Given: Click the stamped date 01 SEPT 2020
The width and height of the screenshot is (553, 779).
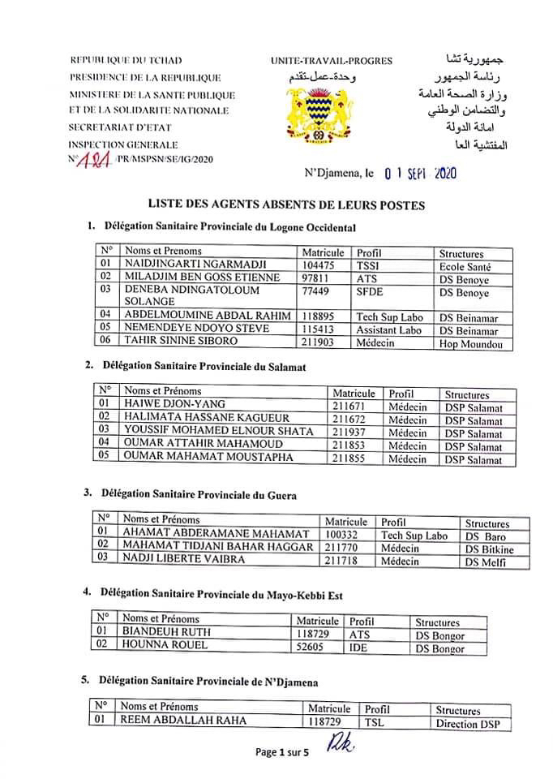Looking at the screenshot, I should (x=422, y=173).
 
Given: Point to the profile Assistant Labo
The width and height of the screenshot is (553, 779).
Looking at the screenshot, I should (x=388, y=330).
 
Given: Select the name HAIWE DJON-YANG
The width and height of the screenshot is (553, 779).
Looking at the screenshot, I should (x=174, y=404).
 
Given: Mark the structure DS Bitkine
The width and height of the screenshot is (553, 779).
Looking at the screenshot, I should (x=489, y=549).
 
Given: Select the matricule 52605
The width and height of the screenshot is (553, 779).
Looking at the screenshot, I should (x=312, y=647).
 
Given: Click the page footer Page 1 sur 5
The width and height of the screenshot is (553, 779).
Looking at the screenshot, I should (x=282, y=752).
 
